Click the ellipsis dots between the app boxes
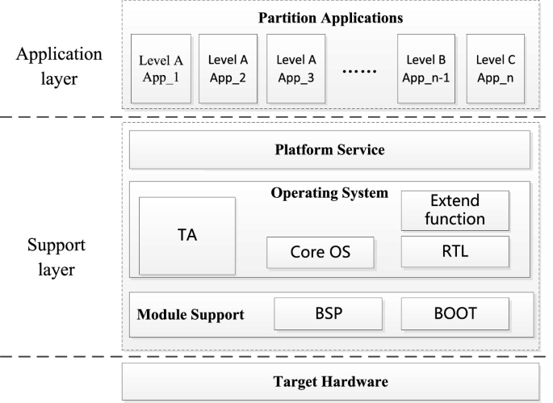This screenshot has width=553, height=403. pos(360,71)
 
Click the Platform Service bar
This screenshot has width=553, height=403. pos(329,149)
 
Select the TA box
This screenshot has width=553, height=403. pos(187,236)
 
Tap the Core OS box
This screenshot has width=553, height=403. pos(320,253)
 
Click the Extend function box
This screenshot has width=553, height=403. pos(455,209)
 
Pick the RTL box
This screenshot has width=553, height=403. pos(455,251)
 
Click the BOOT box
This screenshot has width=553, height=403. pos(455,313)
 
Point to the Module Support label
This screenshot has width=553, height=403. pos(191,313)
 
